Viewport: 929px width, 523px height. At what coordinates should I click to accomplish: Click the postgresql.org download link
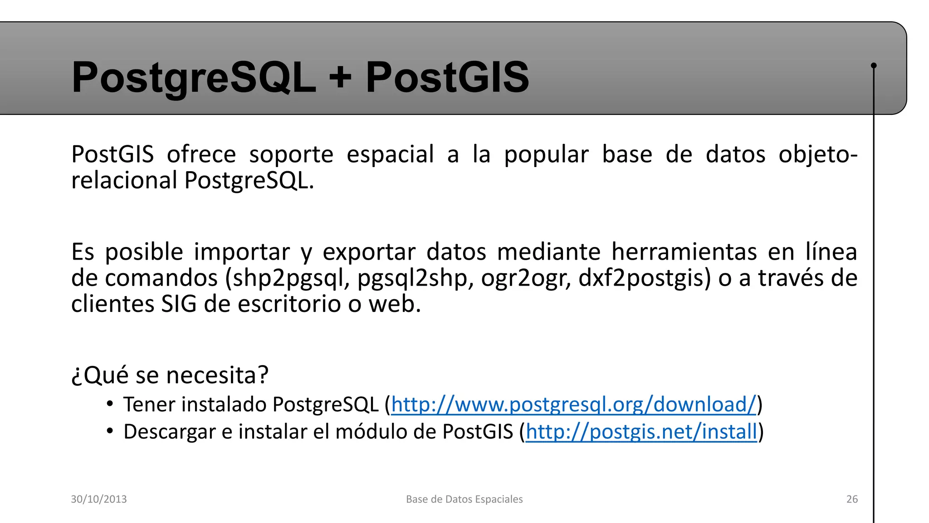(x=574, y=404)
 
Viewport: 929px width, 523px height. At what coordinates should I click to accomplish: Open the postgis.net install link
(x=641, y=431)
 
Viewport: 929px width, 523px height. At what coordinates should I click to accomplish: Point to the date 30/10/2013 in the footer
(x=99, y=499)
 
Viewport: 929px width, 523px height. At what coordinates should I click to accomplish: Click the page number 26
(x=852, y=499)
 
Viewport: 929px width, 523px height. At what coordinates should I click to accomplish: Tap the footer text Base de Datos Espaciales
(x=464, y=499)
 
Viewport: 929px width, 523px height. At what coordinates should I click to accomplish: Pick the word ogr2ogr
(x=525, y=278)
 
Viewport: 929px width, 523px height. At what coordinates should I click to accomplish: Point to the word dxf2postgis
(x=642, y=278)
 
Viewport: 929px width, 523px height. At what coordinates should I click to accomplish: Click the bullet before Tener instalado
(x=110, y=403)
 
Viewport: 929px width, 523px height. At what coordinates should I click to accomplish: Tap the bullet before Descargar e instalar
(x=110, y=430)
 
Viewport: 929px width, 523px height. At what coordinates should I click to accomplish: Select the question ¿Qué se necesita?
(x=170, y=375)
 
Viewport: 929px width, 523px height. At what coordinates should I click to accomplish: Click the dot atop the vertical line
(x=874, y=65)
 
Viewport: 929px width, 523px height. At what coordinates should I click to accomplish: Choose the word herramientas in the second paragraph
(x=684, y=252)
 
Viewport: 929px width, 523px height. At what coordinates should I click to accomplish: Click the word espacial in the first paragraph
(x=390, y=154)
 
